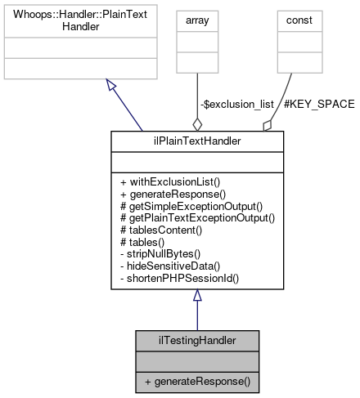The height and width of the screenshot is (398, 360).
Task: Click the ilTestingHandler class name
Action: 197,339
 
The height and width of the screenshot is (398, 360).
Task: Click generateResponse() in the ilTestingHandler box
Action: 197,382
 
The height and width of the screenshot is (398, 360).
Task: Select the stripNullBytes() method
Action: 164,254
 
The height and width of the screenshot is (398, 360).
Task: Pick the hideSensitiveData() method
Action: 171,266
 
